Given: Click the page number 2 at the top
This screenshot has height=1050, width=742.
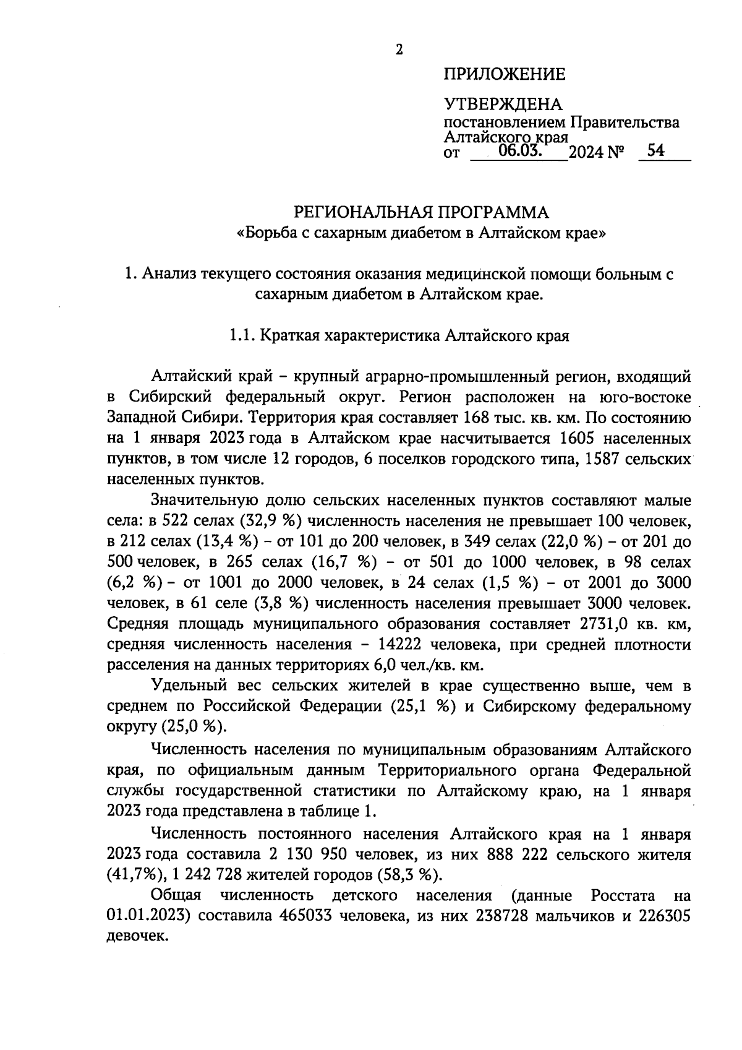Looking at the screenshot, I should pyautogui.click(x=399, y=50).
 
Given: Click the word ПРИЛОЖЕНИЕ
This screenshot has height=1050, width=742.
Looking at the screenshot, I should pyautogui.click(x=504, y=75).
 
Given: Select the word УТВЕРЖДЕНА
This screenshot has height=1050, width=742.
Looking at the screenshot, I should pyautogui.click(x=503, y=104).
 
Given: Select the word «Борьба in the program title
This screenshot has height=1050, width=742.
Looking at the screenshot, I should pyautogui.click(x=267, y=234).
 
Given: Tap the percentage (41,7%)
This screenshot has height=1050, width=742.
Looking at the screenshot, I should pyautogui.click(x=130, y=875).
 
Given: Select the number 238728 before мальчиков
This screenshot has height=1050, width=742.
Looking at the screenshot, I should pyautogui.click(x=501, y=916).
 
